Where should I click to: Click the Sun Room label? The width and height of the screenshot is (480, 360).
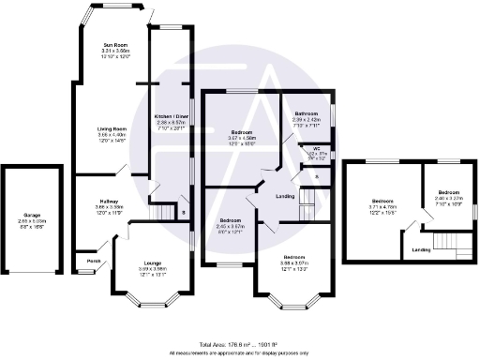click(x=118, y=44)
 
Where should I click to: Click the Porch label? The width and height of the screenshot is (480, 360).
click(x=94, y=260)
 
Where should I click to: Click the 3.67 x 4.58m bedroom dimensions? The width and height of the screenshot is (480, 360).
click(x=244, y=139)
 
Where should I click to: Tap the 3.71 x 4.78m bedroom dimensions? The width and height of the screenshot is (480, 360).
click(x=382, y=207)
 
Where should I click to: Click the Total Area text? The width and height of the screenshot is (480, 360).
click(x=239, y=345)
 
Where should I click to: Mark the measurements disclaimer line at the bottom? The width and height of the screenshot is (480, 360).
click(x=239, y=353)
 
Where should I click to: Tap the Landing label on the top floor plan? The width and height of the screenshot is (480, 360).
click(x=422, y=249)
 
